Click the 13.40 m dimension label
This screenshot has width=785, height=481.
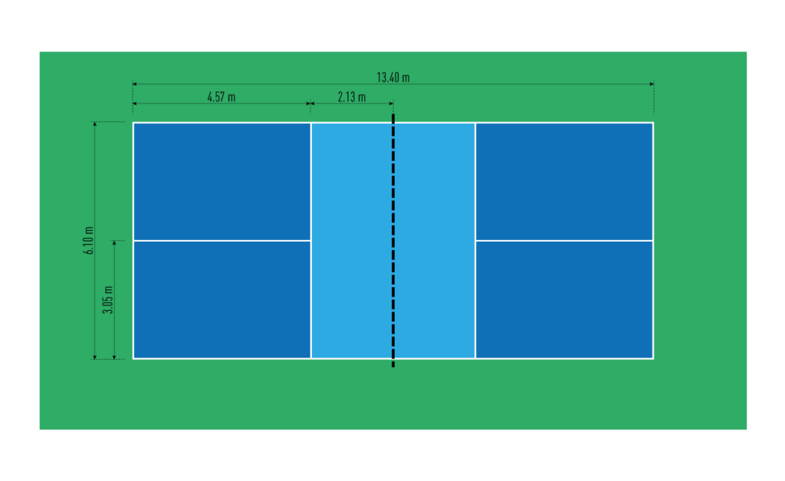393,77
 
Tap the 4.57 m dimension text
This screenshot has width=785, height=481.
222,97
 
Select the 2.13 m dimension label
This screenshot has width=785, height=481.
351,97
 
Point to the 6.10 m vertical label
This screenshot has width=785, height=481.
89,241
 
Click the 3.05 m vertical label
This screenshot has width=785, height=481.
108,300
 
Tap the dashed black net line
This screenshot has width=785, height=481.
393,241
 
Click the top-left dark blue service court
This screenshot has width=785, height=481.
222,181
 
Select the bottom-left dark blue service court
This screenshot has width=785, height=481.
222,300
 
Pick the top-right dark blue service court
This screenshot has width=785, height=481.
564,181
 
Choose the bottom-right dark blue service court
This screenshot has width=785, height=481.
564,300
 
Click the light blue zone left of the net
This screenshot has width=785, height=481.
351,241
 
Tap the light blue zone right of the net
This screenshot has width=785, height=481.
435,241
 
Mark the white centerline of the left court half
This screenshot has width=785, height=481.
222,241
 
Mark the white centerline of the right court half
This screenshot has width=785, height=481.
564,241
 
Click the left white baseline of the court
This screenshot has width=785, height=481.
133,241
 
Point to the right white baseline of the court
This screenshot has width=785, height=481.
653,241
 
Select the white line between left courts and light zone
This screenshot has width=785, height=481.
311,241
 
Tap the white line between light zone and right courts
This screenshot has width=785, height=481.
475,241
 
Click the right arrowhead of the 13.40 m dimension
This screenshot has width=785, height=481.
652,84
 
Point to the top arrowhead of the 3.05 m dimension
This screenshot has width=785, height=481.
114,243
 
